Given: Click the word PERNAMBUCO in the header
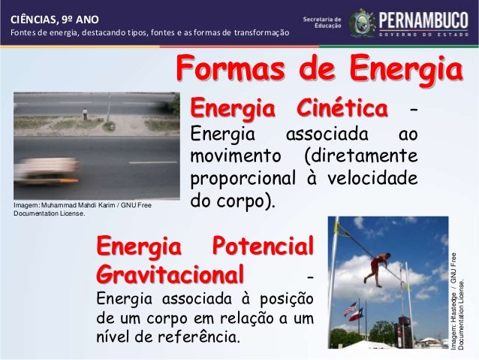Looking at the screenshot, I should point(428,17).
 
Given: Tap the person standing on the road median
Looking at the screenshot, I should point(85,114).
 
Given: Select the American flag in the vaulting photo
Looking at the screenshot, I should point(350,308).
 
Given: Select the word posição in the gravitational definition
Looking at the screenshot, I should point(284,301).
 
